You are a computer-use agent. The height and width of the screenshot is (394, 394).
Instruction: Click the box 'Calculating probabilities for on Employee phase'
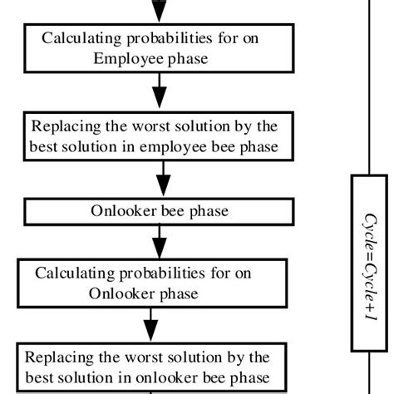point(154,48)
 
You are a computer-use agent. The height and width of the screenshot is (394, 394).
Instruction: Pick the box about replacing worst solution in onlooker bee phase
point(150,368)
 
